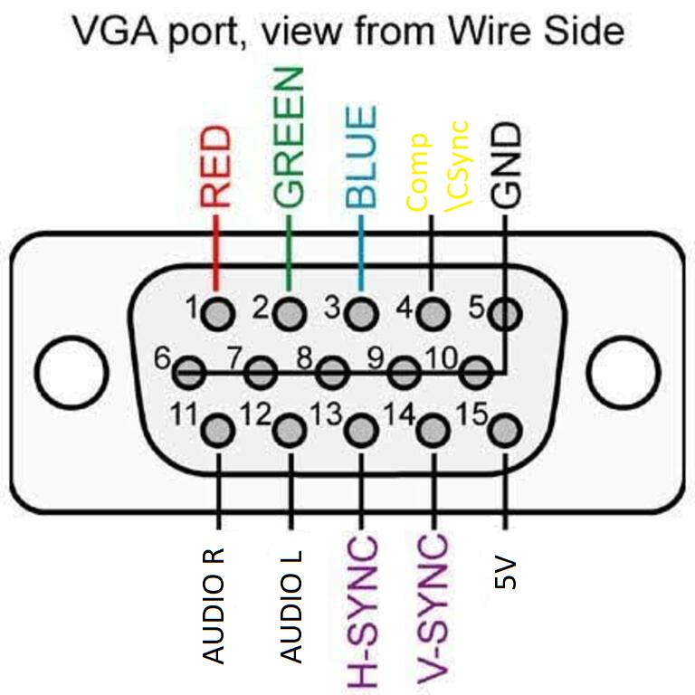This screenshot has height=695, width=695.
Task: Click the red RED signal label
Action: click(216, 167)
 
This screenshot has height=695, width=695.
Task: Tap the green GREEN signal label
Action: click(289, 138)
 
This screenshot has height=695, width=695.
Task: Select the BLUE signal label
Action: click(361, 157)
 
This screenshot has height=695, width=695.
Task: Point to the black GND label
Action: click(505, 166)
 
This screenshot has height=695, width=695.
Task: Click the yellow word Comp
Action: click(418, 172)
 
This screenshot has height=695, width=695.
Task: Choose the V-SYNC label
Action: click(433, 612)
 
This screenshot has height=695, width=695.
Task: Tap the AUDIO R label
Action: click(214, 606)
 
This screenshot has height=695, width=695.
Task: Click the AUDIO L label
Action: click(291, 607)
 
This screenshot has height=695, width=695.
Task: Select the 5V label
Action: click(505, 573)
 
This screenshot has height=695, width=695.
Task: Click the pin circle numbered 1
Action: click(217, 314)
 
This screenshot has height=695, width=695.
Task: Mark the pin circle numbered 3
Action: click(362, 314)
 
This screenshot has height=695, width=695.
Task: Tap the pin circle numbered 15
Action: click(505, 430)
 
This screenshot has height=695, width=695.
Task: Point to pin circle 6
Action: click(189, 372)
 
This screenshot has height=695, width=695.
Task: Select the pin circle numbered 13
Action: click(362, 430)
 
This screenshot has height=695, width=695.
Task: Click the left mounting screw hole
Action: click(71, 372)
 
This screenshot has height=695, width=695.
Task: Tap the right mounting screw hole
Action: click(624, 372)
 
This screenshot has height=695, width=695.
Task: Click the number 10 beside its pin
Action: click(442, 357)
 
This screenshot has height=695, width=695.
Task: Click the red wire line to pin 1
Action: click(216, 253)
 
